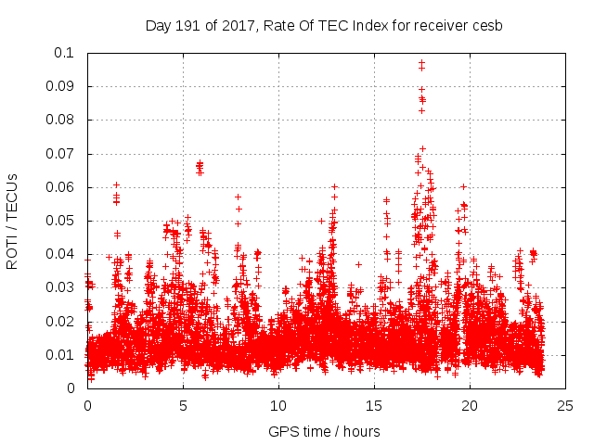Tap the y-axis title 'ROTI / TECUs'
click(x=12, y=220)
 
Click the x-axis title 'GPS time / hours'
click(x=324, y=431)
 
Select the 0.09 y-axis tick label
click(x=61, y=86)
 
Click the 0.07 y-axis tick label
click(x=61, y=154)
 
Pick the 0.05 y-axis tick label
click(x=61, y=221)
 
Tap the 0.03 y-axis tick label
click(x=61, y=287)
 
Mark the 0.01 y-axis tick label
click(x=61, y=355)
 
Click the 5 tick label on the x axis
click(x=183, y=405)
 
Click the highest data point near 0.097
click(x=421, y=63)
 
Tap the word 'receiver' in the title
click(x=438, y=25)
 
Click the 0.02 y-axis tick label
click(x=61, y=321)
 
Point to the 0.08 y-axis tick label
click(x=61, y=120)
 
